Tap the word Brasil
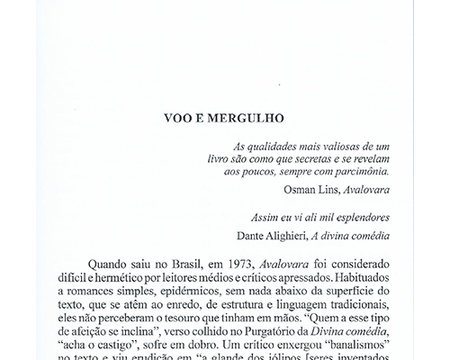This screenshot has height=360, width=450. [165, 265]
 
